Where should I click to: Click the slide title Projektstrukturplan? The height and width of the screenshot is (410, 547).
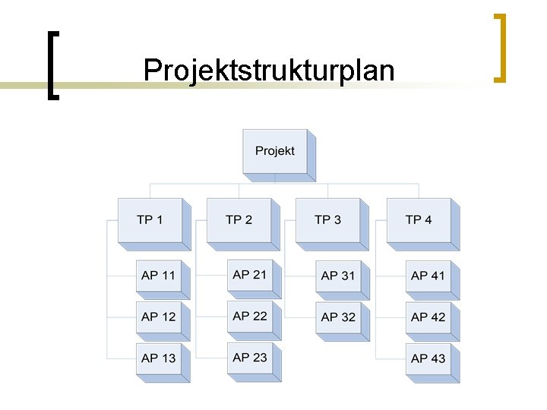(269, 71)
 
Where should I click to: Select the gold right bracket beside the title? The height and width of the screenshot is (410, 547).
(500, 47)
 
